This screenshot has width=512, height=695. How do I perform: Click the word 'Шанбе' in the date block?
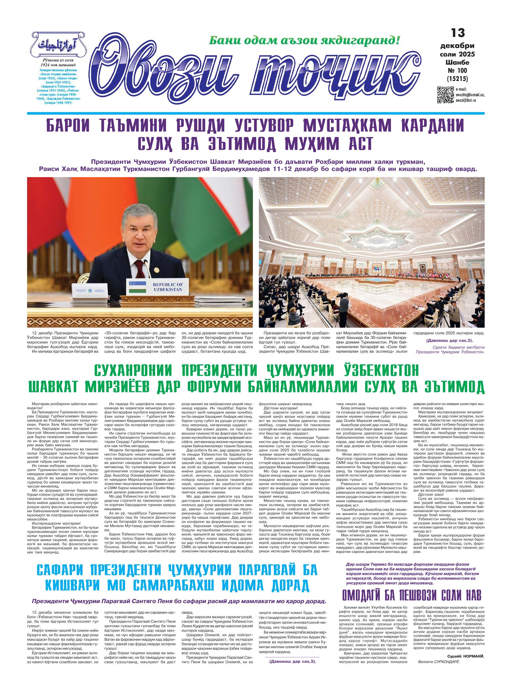point(458,62)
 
